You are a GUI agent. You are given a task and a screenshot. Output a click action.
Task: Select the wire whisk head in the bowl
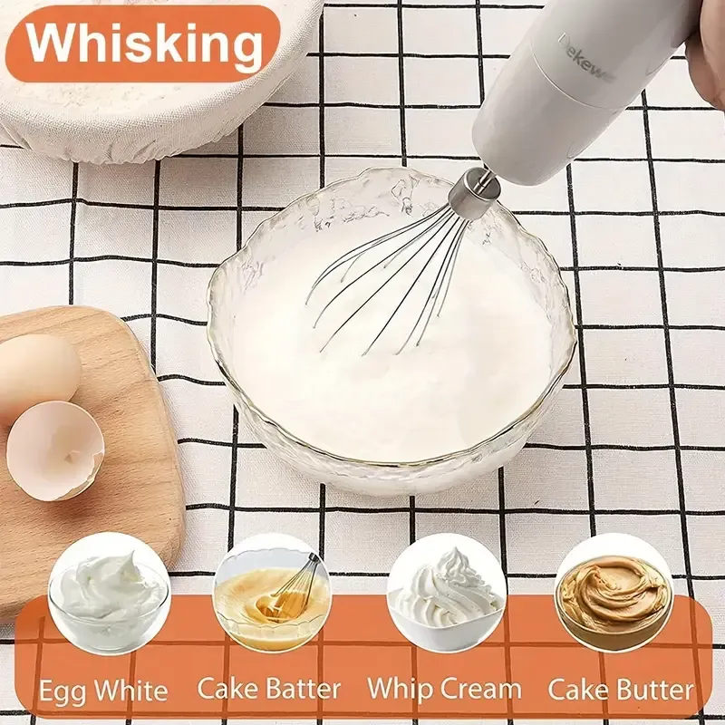pyautogui.click(x=390, y=272)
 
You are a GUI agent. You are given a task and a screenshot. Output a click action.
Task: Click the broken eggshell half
pyautogui.click(x=54, y=449)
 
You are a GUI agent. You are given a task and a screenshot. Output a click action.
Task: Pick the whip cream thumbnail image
pyautogui.click(x=445, y=594)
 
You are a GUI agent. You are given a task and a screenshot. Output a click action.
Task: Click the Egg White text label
pyautogui.click(x=102, y=691)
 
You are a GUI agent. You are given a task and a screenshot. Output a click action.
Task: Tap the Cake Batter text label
pyautogui.click(x=269, y=690)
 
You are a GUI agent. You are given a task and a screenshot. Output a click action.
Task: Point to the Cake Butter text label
pyautogui.click(x=622, y=690)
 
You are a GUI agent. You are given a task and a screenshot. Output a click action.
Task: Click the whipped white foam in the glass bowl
pyautogui.click(x=399, y=381)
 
